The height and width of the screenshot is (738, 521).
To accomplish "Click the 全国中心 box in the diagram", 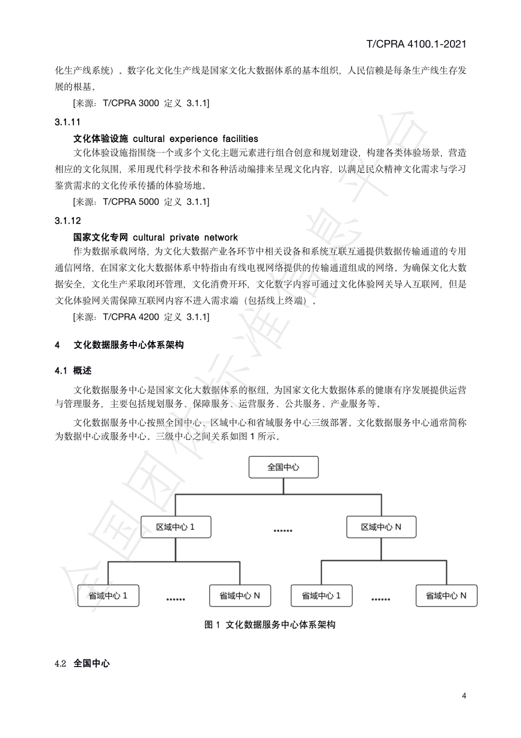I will tap(283, 467).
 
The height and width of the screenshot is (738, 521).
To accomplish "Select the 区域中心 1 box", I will tap(176, 527).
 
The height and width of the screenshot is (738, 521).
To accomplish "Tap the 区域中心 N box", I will tap(381, 527).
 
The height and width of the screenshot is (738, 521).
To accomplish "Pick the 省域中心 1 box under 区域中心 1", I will tap(108, 596).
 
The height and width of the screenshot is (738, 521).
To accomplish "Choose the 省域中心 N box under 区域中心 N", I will tap(446, 596).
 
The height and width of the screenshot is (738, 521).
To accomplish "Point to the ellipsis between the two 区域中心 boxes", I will tap(283, 531).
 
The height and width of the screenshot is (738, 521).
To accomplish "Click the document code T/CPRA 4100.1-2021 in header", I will tap(416, 44).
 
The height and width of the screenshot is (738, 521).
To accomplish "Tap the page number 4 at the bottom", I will tap(464, 695).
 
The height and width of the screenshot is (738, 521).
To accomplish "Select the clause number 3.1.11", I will tap(68, 122).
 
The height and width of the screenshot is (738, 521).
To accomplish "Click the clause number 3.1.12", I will tap(68, 221).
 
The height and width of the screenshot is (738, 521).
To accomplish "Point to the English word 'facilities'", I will tap(240, 139).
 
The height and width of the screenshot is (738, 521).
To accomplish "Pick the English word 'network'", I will tap(221, 237).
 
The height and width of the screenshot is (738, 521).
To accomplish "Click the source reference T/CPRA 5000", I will tap(131, 201).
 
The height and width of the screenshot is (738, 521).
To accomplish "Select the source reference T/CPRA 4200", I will tap(131, 317).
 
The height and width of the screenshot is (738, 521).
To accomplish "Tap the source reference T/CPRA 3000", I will tap(131, 103).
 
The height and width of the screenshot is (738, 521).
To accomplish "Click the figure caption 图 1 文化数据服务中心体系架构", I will tap(270, 624).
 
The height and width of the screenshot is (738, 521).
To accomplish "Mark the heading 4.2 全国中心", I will tap(82, 663).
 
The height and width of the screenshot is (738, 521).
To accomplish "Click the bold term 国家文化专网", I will tap(100, 237).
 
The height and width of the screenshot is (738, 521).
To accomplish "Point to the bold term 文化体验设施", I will tap(100, 139).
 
